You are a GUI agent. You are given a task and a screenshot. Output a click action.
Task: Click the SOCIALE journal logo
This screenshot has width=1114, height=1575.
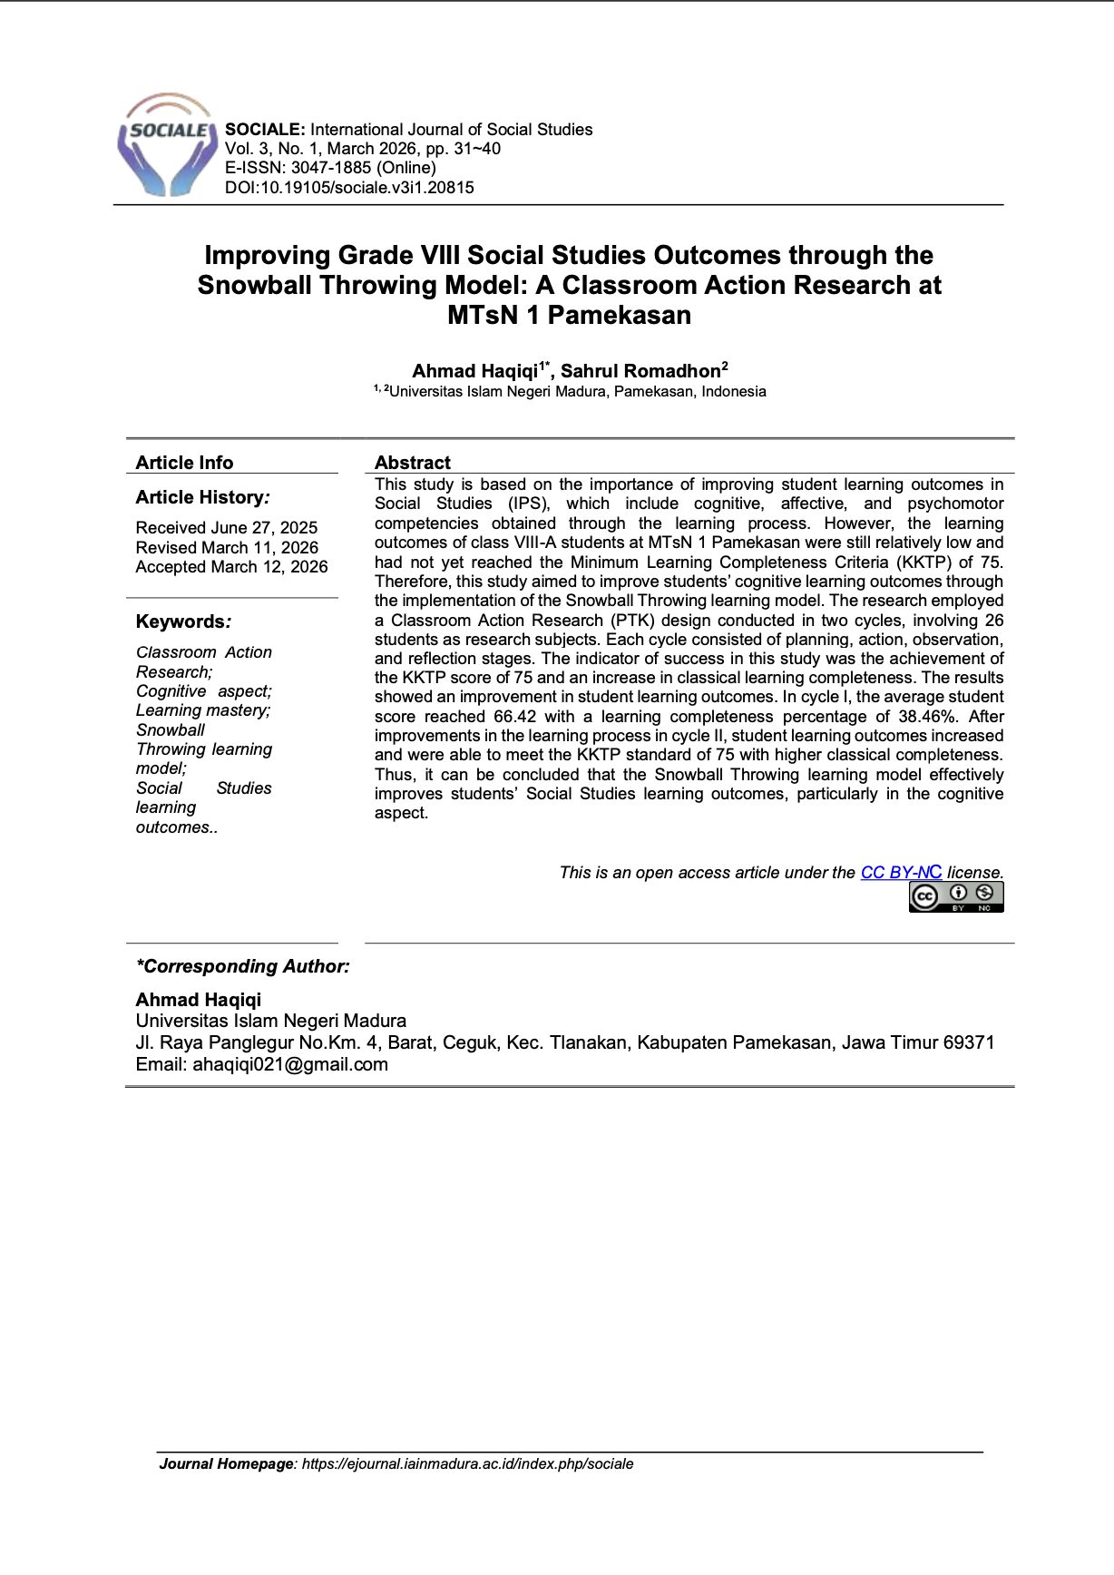[167, 145]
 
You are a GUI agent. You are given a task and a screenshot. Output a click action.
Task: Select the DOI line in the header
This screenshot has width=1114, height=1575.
[349, 188]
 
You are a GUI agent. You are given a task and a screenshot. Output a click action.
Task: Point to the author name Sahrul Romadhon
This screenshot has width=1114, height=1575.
[640, 371]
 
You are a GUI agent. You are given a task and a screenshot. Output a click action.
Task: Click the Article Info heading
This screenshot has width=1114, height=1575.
[184, 463]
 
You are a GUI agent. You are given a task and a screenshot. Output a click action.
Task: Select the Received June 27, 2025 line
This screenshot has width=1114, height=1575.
[227, 528]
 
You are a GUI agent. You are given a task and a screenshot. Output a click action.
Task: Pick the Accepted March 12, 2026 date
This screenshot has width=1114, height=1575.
[231, 567]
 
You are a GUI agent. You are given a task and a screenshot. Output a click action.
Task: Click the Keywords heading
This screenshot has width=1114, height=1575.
[181, 622]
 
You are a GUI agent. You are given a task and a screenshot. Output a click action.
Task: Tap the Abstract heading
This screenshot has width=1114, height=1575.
[413, 463]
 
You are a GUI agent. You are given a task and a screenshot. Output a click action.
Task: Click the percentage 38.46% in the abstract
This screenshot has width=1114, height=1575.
[927, 717]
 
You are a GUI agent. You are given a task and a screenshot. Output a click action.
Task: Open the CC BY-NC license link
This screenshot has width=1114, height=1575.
[901, 873]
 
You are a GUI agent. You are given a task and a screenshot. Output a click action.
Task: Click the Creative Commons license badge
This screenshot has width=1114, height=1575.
[956, 896]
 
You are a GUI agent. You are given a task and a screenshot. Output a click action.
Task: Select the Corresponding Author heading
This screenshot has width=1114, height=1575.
[242, 966]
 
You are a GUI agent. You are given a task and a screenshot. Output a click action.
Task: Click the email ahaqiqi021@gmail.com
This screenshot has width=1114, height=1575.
[290, 1065]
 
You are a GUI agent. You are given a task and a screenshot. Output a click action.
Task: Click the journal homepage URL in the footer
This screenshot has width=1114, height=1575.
[467, 1464]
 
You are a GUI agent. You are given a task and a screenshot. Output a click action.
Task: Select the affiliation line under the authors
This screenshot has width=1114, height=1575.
[576, 392]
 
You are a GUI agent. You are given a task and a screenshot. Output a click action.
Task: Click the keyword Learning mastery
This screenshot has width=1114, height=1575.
[203, 710]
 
